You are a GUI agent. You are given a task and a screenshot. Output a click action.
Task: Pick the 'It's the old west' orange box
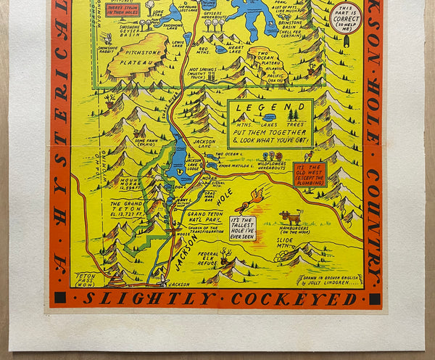pyautogui.click(x=310, y=173)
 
